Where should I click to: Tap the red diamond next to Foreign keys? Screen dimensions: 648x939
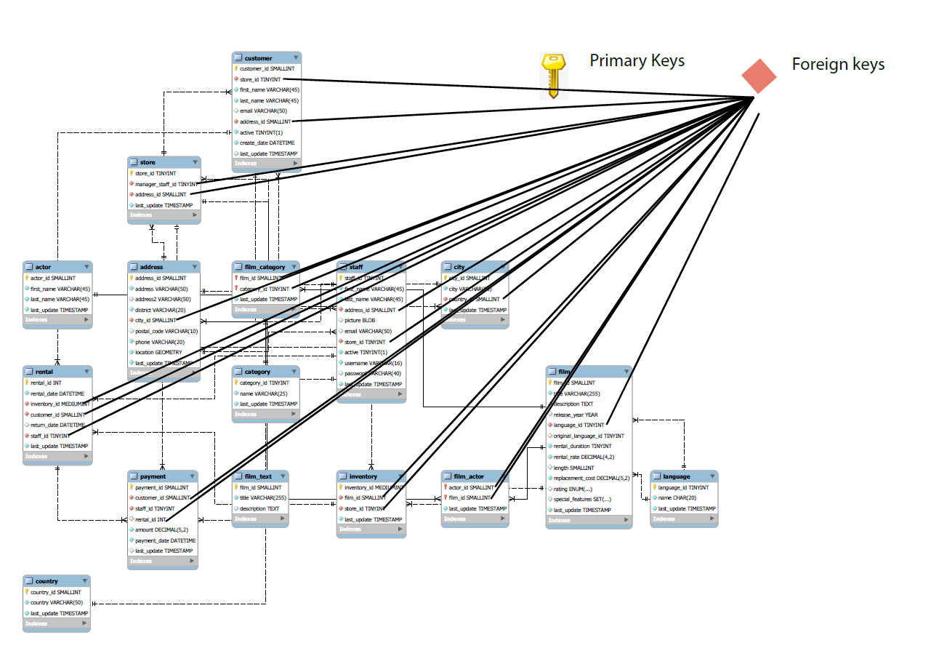pyautogui.click(x=759, y=76)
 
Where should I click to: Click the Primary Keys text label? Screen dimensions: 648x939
pyautogui.click(x=637, y=60)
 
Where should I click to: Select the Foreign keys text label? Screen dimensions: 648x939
pyautogui.click(x=838, y=64)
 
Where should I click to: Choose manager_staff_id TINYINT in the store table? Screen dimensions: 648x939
pyautogui.click(x=166, y=184)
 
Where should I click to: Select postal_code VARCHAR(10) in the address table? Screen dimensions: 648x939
pyautogui.click(x=166, y=331)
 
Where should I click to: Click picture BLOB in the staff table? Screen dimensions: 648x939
pyautogui.click(x=360, y=320)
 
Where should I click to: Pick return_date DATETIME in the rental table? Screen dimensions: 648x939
pyautogui.click(x=57, y=425)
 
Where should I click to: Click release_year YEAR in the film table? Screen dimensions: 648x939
pyautogui.click(x=576, y=415)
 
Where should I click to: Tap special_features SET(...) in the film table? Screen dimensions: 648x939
pyautogui.click(x=582, y=499)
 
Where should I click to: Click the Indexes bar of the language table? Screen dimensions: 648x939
pyautogui.click(x=683, y=519)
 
